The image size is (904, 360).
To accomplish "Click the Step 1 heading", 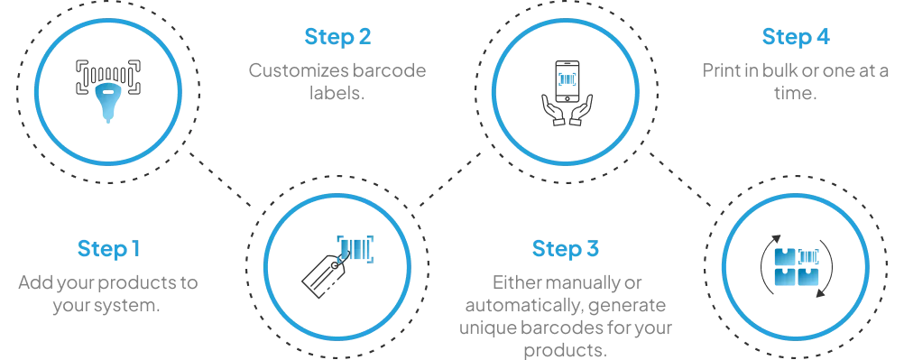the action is [110, 249].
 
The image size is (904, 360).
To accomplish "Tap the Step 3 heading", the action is [565, 249].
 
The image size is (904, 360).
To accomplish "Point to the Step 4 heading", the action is [795, 38].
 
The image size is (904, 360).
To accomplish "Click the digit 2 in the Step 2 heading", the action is [365, 38].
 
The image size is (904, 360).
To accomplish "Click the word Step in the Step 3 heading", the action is [553, 249].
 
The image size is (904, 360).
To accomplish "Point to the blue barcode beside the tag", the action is [355, 245].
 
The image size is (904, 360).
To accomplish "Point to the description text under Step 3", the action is [567, 311].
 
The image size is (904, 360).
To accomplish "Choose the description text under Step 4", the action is [794, 78].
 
